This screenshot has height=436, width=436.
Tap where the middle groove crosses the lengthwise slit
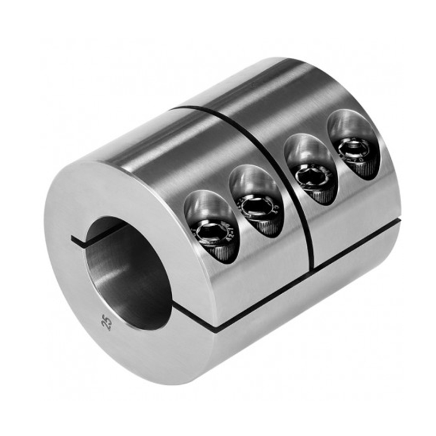(x=312, y=267)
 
